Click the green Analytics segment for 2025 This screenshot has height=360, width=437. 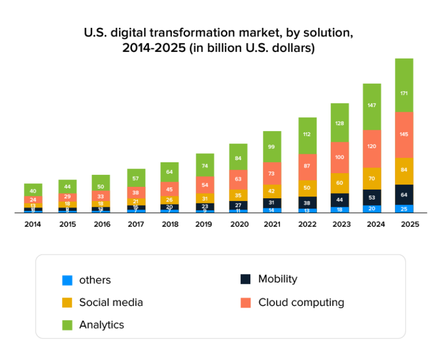pyautogui.click(x=404, y=85)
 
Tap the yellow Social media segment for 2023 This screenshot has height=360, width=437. pyautogui.click(x=340, y=183)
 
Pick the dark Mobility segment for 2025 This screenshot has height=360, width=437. pyautogui.click(x=404, y=194)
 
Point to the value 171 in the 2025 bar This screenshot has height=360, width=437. pyautogui.click(x=404, y=93)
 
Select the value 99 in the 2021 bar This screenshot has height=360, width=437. pyautogui.click(x=272, y=147)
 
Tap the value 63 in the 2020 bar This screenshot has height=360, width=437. pyautogui.click(x=238, y=179)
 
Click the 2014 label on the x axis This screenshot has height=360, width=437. pyautogui.click(x=32, y=224)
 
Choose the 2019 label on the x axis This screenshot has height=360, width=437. pyautogui.click(x=204, y=224)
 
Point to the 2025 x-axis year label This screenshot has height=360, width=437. pyautogui.click(x=410, y=224)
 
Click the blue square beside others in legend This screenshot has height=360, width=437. pyautogui.click(x=68, y=280)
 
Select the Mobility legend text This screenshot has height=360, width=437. pyautogui.click(x=278, y=279)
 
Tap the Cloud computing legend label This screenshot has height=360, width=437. pyautogui.click(x=301, y=302)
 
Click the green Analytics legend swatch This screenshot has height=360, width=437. pyautogui.click(x=68, y=325)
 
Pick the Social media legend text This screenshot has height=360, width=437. pyautogui.click(x=111, y=302)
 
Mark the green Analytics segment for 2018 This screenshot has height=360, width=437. pyautogui.click(x=170, y=172)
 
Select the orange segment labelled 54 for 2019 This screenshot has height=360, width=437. pyautogui.click(x=204, y=185)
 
